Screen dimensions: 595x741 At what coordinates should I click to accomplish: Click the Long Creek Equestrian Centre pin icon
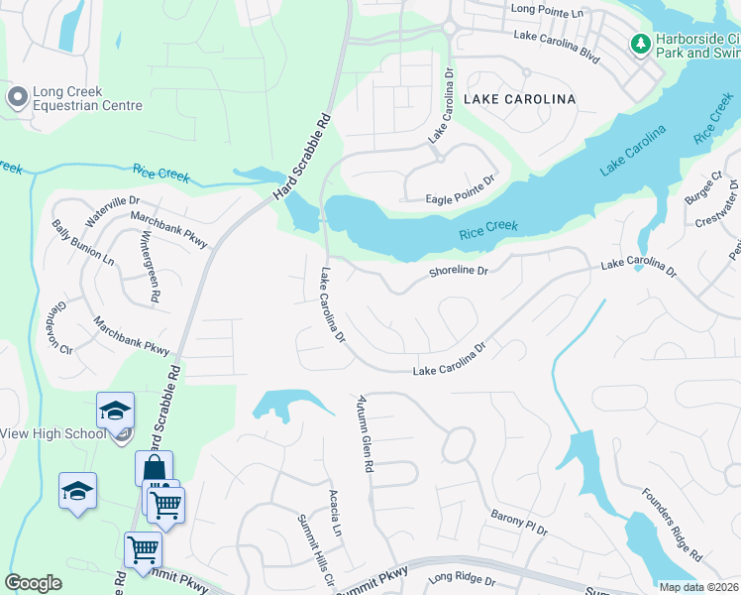point(17,97)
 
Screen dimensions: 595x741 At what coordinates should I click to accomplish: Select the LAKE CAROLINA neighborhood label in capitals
point(519,99)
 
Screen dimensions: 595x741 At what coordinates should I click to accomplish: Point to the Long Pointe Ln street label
point(548,9)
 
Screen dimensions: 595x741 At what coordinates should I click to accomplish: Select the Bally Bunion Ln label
point(82,242)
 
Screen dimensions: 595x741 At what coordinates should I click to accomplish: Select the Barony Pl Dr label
point(518,524)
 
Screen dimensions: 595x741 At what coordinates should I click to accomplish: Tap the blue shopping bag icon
point(154,469)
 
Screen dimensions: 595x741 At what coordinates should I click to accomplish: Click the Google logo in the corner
point(34,582)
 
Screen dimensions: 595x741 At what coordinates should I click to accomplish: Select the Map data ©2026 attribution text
point(697,587)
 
